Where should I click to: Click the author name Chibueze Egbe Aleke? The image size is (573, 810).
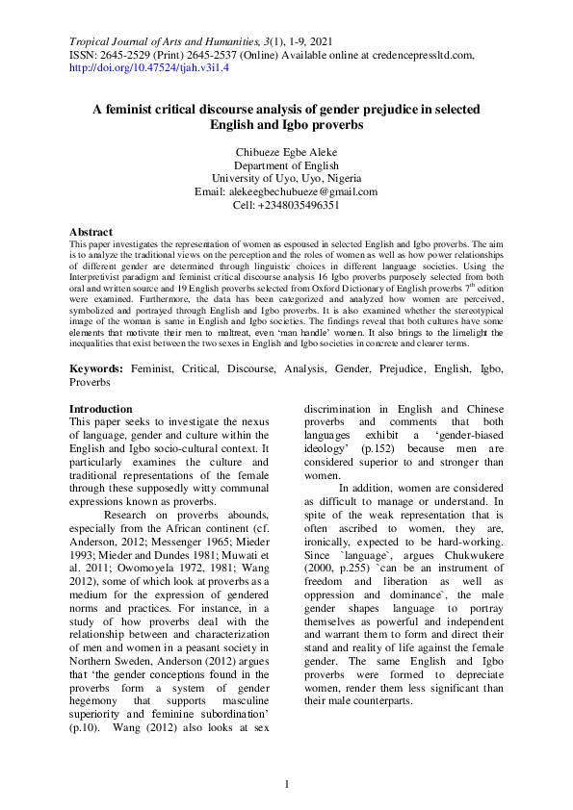click(x=286, y=152)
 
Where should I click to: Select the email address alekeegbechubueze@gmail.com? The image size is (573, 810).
click(x=310, y=191)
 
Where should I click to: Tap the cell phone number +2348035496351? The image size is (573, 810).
click(x=299, y=205)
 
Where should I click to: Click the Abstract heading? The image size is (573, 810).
click(x=91, y=233)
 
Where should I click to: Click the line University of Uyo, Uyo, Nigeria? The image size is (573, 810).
click(x=286, y=178)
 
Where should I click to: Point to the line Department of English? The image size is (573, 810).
click(x=286, y=165)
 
